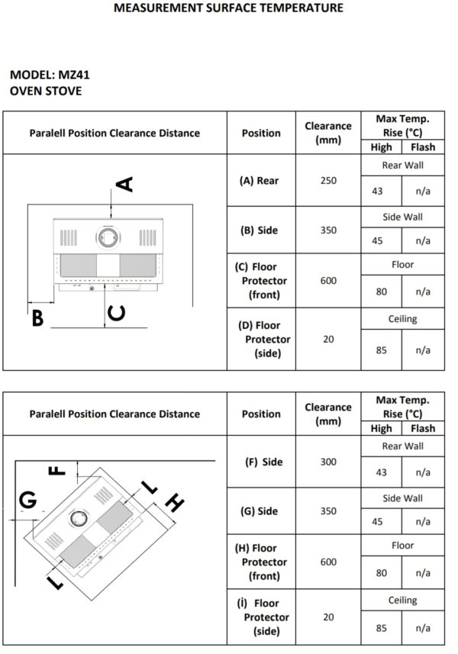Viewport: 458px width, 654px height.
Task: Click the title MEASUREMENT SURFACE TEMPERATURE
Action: click(x=228, y=8)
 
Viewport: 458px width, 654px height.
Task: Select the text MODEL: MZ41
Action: click(x=50, y=75)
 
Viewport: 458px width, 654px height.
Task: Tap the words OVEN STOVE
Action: click(x=46, y=91)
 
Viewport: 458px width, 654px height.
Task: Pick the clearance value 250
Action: click(x=328, y=181)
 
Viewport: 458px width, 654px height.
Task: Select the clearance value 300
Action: click(x=328, y=462)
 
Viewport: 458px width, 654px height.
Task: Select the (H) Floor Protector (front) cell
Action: click(x=261, y=562)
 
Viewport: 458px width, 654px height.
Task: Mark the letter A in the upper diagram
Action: click(x=124, y=184)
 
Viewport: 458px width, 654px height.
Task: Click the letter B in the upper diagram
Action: click(x=37, y=317)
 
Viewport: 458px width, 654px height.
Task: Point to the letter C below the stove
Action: click(x=117, y=313)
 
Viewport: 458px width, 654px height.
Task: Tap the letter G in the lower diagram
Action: click(x=28, y=500)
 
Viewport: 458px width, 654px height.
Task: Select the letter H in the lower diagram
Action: click(x=174, y=503)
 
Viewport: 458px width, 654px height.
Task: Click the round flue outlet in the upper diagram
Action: click(x=108, y=238)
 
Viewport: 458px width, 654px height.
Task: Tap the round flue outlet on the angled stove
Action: click(x=78, y=518)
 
